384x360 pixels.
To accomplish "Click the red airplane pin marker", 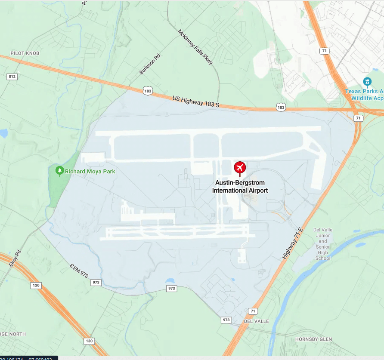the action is (x=240, y=168).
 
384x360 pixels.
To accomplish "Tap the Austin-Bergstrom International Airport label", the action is (x=240, y=187).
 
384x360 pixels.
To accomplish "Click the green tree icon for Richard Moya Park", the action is (x=60, y=171).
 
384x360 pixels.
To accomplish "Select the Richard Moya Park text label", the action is (x=90, y=172).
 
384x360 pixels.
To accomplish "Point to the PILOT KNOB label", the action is (x=25, y=53).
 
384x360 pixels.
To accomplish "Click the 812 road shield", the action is (x=12, y=77).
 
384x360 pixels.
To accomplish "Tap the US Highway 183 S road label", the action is (x=196, y=102).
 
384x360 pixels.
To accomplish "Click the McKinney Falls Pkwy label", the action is (x=195, y=47).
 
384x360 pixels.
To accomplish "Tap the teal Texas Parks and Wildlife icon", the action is (x=367, y=82).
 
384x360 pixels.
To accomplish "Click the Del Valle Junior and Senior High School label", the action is (x=323, y=244).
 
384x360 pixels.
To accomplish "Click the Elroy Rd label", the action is (x=15, y=258).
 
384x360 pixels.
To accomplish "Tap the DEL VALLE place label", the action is (x=256, y=321).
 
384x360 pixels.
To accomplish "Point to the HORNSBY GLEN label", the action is (x=313, y=339).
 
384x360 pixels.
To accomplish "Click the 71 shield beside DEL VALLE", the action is (x=253, y=311).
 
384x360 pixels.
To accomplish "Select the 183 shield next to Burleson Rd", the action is (x=148, y=91).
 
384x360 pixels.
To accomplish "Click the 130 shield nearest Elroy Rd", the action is (x=36, y=285).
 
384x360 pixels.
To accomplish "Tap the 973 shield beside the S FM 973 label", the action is (x=96, y=283).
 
